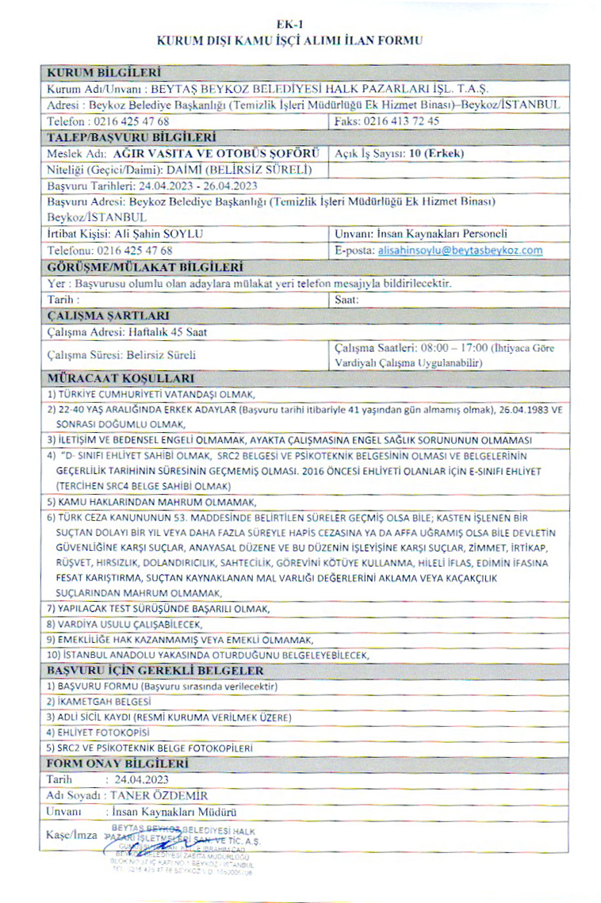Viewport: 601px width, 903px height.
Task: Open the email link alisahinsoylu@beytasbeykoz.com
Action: (460, 251)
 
